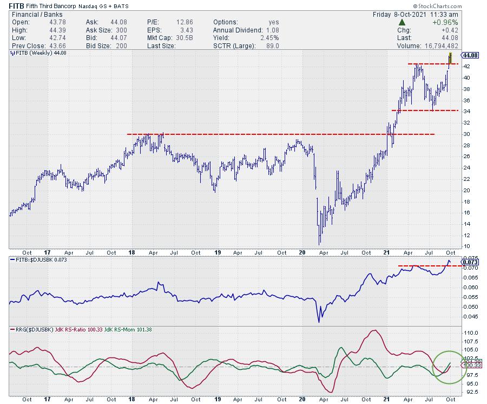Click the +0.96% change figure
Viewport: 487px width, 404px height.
[447, 22]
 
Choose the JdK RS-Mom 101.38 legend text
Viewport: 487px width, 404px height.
[130, 329]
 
